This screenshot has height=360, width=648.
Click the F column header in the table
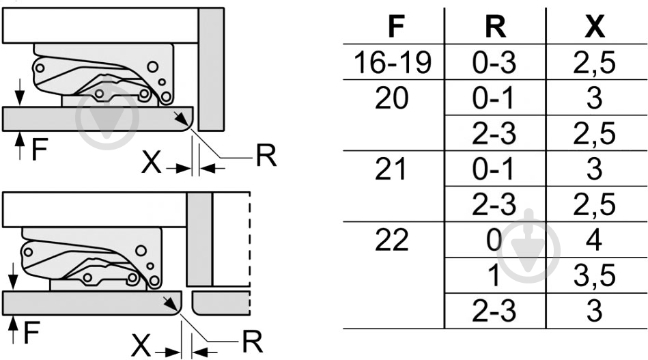pyautogui.click(x=396, y=27)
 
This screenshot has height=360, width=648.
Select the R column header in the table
pyautogui.click(x=495, y=27)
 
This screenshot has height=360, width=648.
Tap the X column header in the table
pyautogui.click(x=595, y=27)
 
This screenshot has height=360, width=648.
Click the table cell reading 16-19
pyautogui.click(x=393, y=62)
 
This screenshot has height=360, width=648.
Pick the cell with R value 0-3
pyautogui.click(x=494, y=62)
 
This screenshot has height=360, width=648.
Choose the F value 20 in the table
pyautogui.click(x=392, y=98)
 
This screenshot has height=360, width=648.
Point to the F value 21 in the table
pyautogui.click(x=391, y=169)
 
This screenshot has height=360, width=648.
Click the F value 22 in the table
pyautogui.click(x=392, y=240)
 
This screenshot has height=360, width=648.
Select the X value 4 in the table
pyautogui.click(x=594, y=240)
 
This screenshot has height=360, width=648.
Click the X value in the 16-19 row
pyautogui.click(x=594, y=64)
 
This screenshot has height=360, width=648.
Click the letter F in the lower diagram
pyautogui.click(x=31, y=333)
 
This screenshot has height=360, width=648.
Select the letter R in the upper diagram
pyautogui.click(x=266, y=155)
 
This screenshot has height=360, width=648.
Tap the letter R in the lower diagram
pyautogui.click(x=253, y=342)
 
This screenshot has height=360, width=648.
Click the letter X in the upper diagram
pyautogui.click(x=152, y=163)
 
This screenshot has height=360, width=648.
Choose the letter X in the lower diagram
pyautogui.click(x=141, y=346)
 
